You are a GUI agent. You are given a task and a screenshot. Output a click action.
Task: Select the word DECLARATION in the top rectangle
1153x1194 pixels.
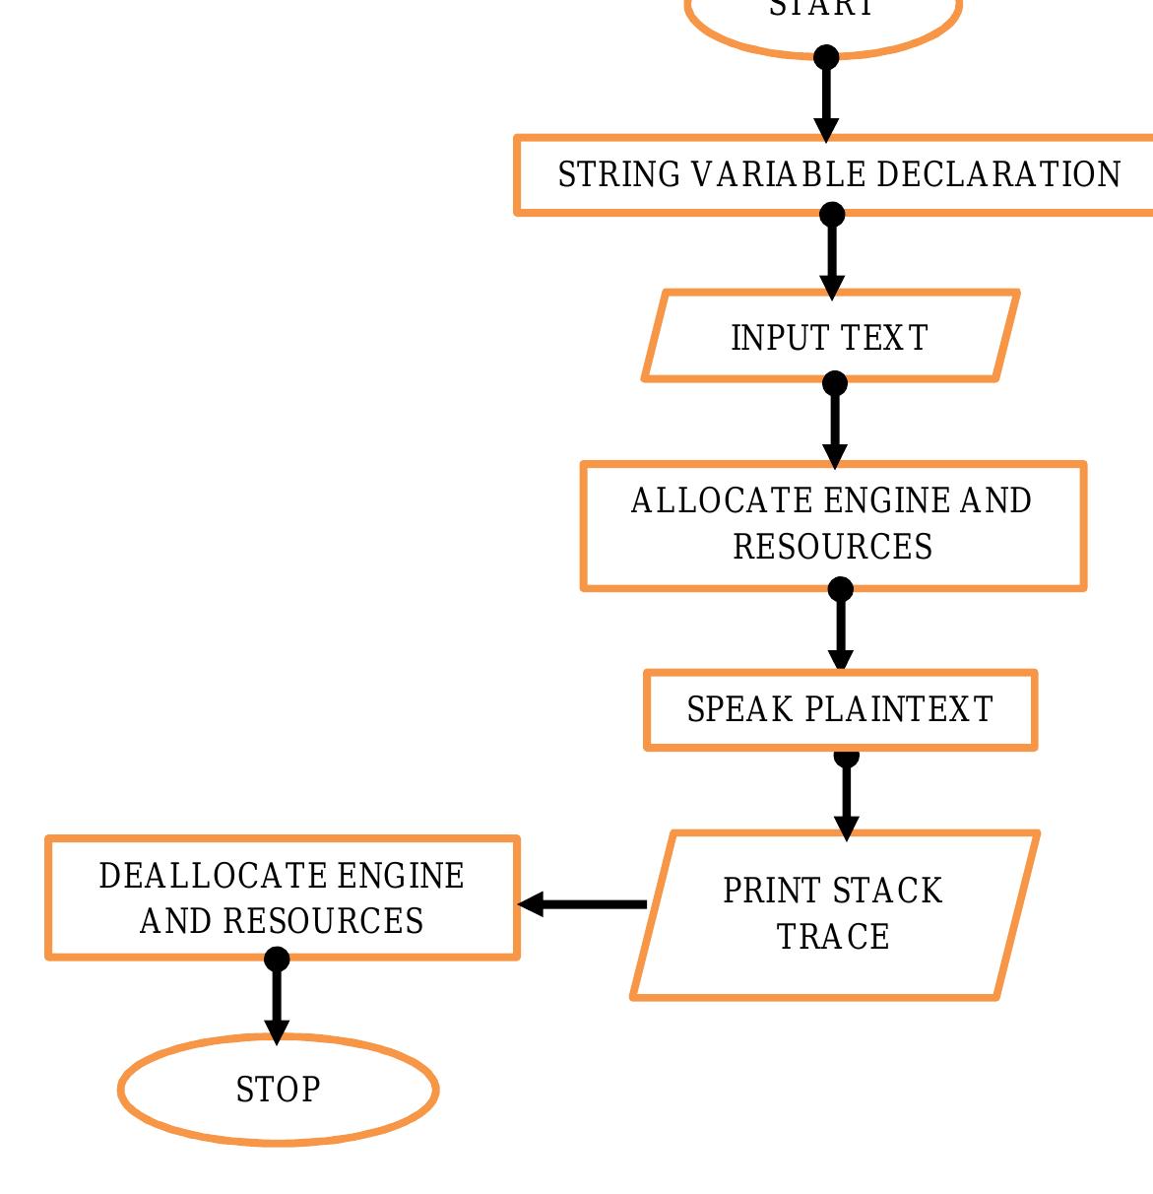point(997,174)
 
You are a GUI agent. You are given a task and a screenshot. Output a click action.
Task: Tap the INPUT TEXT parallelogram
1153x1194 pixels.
point(830,337)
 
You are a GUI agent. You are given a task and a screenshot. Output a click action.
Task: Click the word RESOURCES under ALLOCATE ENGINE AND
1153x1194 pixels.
point(833,547)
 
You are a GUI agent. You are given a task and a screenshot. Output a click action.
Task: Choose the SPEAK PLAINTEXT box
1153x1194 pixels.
point(840,710)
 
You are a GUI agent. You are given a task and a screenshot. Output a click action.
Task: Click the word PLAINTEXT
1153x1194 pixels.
point(899,710)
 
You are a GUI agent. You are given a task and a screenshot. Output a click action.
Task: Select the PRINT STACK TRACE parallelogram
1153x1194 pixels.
point(835,914)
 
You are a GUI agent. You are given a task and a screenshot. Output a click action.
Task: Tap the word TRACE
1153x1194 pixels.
point(833,937)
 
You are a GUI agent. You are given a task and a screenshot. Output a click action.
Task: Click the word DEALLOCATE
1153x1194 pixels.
point(213,876)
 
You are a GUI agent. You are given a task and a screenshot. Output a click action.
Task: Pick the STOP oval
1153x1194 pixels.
point(279,1090)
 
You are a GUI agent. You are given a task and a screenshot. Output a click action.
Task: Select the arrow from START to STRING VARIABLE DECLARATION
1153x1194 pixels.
point(826,99)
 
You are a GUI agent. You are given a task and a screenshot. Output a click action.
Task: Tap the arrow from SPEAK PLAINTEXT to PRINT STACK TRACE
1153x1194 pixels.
point(847,798)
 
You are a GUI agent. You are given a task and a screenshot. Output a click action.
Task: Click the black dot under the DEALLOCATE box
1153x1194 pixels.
point(278,959)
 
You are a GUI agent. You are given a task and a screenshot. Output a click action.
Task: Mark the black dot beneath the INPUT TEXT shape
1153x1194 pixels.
point(835,383)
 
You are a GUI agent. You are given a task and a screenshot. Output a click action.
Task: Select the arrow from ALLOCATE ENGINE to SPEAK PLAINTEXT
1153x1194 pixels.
point(841,630)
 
